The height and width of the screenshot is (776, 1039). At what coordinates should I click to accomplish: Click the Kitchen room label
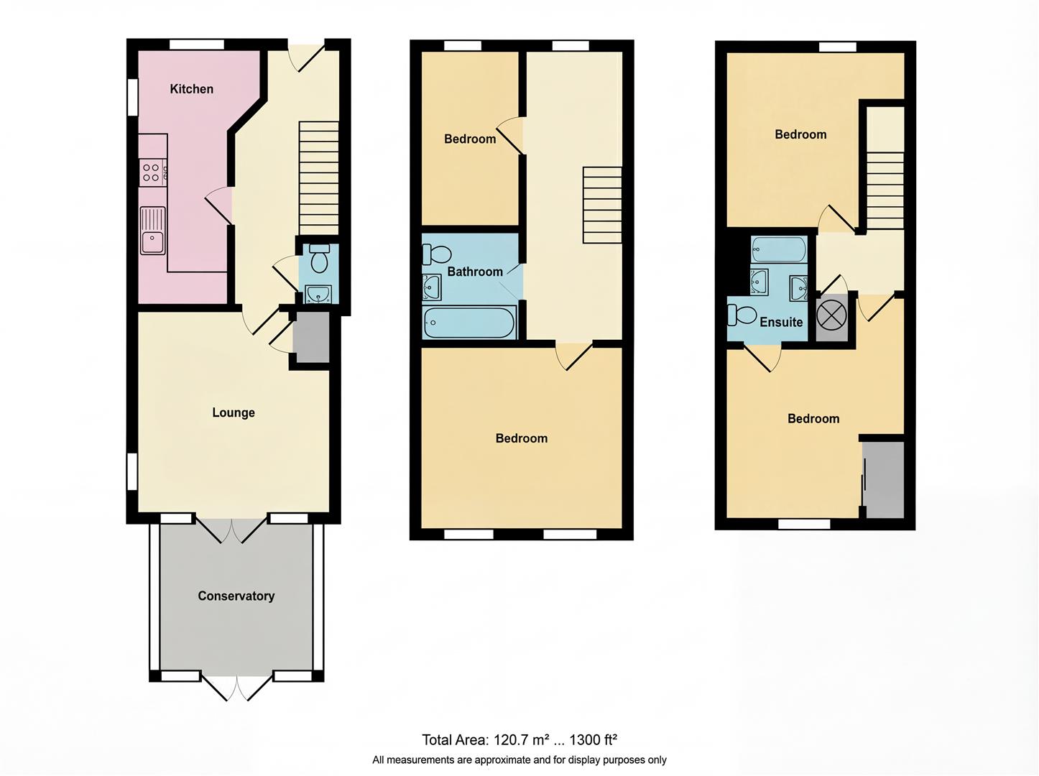click(x=191, y=89)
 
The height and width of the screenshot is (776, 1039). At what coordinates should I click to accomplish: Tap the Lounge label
click(x=233, y=412)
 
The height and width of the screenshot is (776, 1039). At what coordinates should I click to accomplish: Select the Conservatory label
click(x=236, y=596)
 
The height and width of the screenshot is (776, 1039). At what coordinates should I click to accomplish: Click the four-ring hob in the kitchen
click(x=152, y=172)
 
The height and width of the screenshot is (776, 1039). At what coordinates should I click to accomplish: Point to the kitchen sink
click(x=152, y=231)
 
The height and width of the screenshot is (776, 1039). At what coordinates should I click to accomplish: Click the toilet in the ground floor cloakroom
click(x=319, y=259)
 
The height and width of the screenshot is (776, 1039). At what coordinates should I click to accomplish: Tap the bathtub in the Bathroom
click(x=469, y=323)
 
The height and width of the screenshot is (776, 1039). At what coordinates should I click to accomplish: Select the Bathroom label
click(x=474, y=272)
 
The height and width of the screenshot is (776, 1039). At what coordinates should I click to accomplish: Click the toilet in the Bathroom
click(x=436, y=254)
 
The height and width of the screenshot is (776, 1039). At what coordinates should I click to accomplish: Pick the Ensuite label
click(x=781, y=322)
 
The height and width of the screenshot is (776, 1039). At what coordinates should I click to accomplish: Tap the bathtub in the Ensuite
click(x=778, y=249)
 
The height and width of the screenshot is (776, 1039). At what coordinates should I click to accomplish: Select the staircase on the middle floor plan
click(x=602, y=205)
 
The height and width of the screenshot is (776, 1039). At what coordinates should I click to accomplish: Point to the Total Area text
click(x=519, y=739)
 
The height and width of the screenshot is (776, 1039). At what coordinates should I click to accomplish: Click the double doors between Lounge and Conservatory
click(x=231, y=530)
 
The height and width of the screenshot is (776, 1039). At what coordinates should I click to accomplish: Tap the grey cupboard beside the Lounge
click(x=311, y=337)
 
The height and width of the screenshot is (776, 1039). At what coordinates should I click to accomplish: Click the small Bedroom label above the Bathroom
click(x=469, y=139)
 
